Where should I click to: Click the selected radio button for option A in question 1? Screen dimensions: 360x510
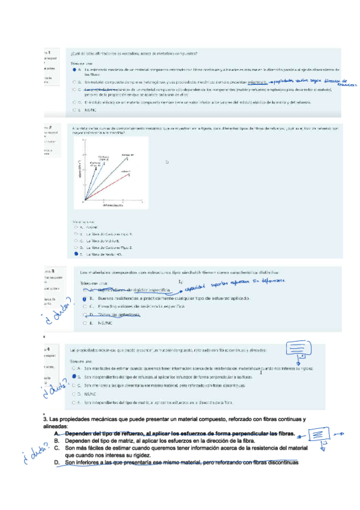(73, 70)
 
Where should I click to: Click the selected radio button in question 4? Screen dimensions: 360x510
(73, 375)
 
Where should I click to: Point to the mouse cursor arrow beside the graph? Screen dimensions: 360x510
(167, 162)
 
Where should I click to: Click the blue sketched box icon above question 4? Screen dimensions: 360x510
(298, 348)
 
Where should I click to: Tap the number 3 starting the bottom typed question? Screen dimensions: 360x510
(46, 419)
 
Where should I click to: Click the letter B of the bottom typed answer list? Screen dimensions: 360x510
(56, 440)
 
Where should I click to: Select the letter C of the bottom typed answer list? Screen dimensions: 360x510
(56, 447)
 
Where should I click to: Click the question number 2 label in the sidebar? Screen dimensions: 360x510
(49, 127)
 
